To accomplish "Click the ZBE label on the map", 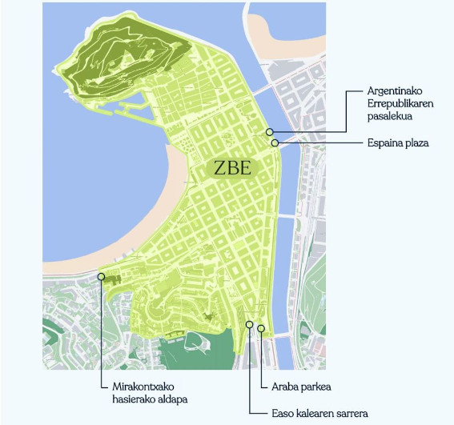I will (233, 168).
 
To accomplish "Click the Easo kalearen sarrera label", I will (319, 413).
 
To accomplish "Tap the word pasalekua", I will (389, 118).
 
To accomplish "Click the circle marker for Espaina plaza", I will (275, 143).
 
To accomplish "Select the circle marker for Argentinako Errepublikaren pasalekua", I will (270, 131).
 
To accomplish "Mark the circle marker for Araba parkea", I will (261, 328).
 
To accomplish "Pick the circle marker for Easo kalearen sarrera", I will (250, 325).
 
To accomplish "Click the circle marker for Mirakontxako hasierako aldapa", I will (102, 276).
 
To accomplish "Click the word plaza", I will (416, 143).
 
